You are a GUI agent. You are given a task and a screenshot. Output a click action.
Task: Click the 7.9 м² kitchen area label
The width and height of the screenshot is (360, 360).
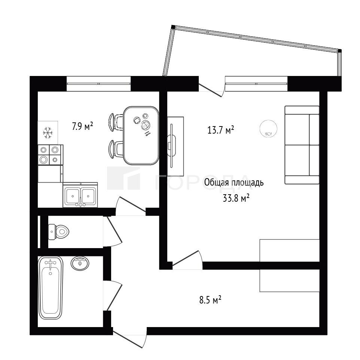click(83, 126)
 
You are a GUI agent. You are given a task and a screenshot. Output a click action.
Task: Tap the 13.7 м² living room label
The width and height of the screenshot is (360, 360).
click(221, 130)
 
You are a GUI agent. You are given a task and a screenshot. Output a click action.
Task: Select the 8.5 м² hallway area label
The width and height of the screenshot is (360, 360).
click(210, 300)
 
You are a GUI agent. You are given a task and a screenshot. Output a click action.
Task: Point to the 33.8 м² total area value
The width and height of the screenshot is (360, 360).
click(236, 198)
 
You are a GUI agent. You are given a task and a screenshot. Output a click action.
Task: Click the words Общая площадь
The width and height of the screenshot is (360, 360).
click(234, 183)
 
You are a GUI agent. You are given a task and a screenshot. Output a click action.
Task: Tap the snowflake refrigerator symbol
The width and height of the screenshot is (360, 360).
click(48, 133)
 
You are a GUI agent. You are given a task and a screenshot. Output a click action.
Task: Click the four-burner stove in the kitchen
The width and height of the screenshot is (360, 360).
click(50, 155)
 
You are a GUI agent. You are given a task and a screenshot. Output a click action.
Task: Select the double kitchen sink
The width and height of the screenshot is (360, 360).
click(80, 195)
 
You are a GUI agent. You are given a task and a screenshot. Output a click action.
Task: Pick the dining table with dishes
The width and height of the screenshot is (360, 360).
click(141, 135)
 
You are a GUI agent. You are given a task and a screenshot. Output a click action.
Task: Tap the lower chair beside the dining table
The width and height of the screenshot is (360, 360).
click(116, 149)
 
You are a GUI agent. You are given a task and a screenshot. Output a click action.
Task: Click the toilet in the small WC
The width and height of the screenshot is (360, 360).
click(58, 232)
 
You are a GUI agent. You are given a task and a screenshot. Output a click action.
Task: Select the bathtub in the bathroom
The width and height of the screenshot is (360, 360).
click(51, 288)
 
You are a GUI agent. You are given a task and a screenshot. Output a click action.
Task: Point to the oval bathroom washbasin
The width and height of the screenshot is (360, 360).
click(80, 263)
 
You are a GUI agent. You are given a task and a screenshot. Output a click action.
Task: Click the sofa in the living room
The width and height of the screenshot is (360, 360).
click(302, 145)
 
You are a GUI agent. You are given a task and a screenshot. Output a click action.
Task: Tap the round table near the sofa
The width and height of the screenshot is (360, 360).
click(268, 129)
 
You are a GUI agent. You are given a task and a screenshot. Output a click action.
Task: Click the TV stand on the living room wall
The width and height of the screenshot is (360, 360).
click(176, 146)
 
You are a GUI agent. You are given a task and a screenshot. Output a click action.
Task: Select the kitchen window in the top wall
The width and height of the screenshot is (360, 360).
click(99, 83)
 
